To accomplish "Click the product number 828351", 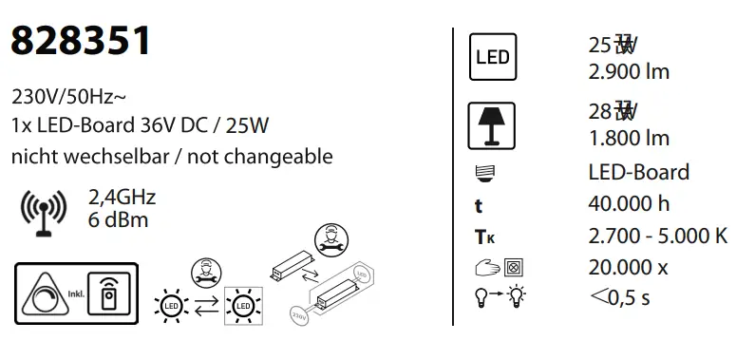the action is click(x=81, y=41).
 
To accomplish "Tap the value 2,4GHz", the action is click(x=122, y=198).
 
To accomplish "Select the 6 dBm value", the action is click(x=118, y=220).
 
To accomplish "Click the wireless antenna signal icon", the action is click(x=43, y=211).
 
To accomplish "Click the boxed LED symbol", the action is click(x=491, y=57).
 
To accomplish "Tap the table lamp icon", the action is click(x=492, y=123).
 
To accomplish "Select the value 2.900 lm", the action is click(x=629, y=72).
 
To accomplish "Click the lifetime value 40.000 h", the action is click(x=629, y=203).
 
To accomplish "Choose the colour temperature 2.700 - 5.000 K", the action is click(x=658, y=236).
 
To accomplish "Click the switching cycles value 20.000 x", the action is click(x=628, y=267).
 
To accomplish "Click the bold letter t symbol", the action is click(x=479, y=205).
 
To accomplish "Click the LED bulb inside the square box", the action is click(x=243, y=306).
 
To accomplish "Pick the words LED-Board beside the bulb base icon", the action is click(x=639, y=172).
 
